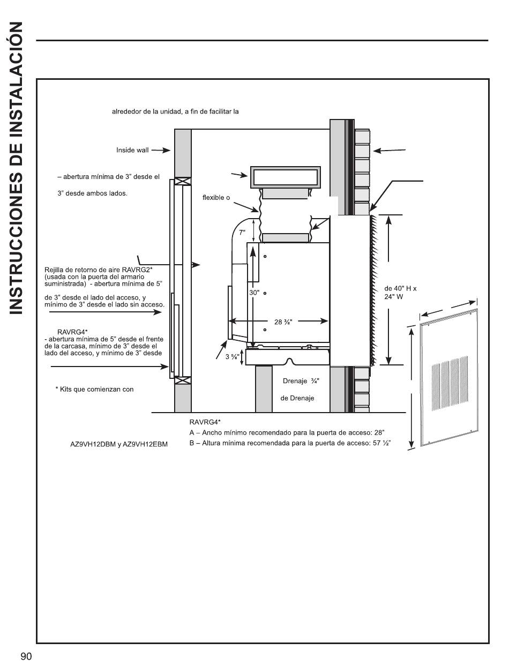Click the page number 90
click(x=27, y=657)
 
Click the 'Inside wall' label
click(x=132, y=150)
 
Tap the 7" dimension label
click(x=242, y=233)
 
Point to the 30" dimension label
click(x=254, y=293)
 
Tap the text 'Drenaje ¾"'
click(x=301, y=382)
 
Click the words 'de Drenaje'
click(x=297, y=398)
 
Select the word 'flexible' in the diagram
click(x=213, y=198)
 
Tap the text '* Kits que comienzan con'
click(x=94, y=390)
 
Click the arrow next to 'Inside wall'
click(x=161, y=151)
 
